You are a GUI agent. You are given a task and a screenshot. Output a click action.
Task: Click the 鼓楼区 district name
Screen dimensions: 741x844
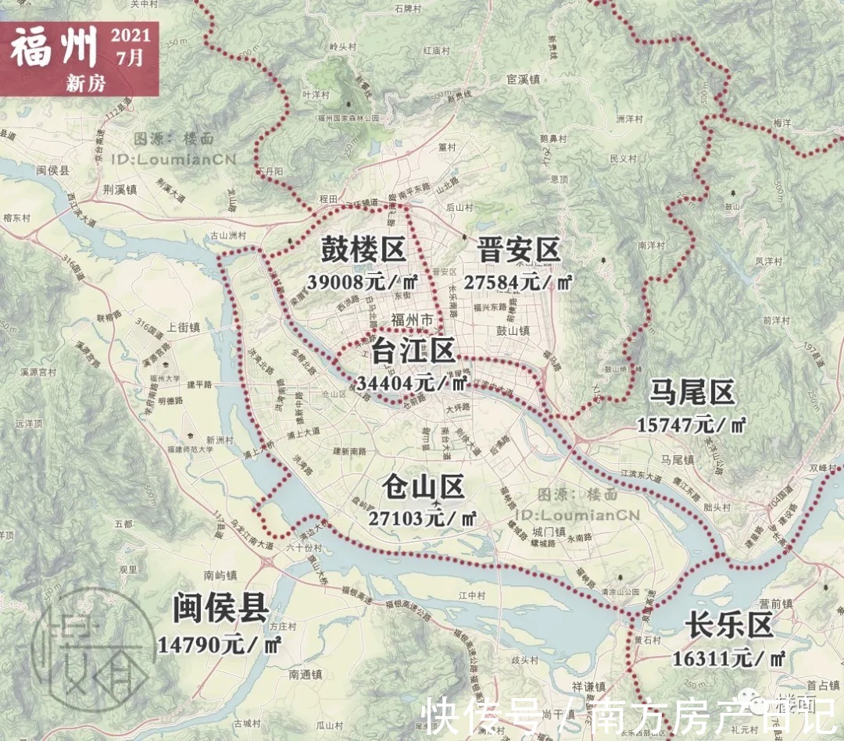[x=363, y=251]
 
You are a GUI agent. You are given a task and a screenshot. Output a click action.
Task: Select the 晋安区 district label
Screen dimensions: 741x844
[x=519, y=251]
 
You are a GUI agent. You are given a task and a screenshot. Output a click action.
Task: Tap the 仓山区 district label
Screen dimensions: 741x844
[x=424, y=488]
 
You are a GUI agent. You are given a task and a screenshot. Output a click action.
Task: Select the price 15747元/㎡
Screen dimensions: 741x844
[x=692, y=425]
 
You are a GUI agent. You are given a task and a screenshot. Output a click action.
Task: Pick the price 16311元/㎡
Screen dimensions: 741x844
[x=729, y=657]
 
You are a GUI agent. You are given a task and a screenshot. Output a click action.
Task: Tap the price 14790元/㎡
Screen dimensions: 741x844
[x=220, y=645]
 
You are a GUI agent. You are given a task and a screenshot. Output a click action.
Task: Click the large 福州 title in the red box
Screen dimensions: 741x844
[x=55, y=48]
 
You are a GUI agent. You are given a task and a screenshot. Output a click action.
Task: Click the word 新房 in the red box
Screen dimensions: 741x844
[x=86, y=83]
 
